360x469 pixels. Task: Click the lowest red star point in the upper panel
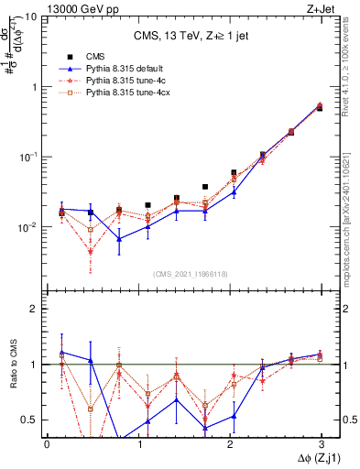tap(91, 251)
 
